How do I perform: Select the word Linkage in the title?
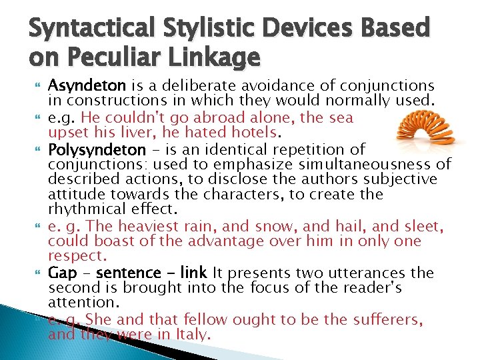pos(217,59)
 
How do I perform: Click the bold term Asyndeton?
pos(78,86)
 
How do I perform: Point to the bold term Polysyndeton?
pos(97,149)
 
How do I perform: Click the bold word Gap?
pos(63,273)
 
